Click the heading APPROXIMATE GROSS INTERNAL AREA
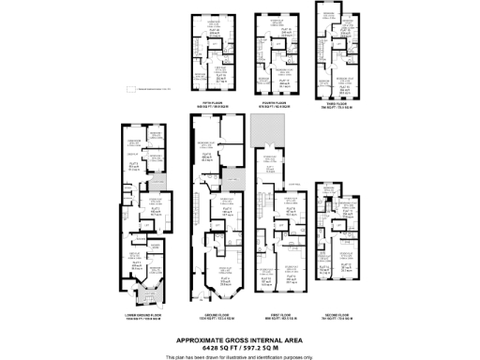(x=240, y=338)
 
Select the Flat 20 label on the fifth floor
(x=215, y=32)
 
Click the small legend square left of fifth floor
(x=130, y=88)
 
